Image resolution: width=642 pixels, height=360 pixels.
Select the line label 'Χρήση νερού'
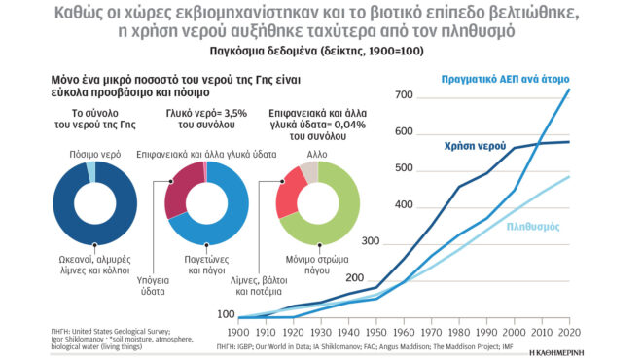click(x=474, y=145)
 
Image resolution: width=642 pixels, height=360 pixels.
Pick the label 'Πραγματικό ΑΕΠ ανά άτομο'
click(x=505, y=77)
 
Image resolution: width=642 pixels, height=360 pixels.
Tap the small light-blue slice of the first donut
click(x=90, y=172)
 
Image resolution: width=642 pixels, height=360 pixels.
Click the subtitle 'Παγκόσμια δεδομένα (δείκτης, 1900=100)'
click(x=321, y=51)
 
